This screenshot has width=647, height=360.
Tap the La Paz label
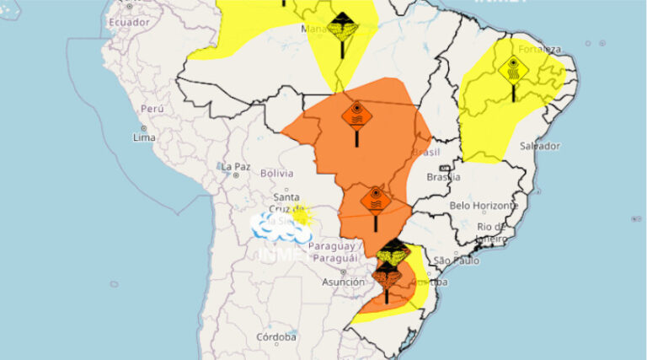[x=236, y=166]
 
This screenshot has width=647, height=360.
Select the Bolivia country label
[x=276, y=173]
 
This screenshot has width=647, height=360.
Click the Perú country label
[x=152, y=109]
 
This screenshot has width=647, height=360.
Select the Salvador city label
[x=540, y=146]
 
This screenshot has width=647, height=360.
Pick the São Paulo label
[x=457, y=261]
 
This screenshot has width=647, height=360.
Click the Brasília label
[x=443, y=177]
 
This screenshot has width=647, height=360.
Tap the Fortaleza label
[x=539, y=49]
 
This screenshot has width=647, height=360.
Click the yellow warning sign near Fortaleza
[x=513, y=68]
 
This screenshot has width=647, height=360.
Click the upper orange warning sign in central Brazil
[x=356, y=114]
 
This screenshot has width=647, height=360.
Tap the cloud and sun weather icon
[x=283, y=223]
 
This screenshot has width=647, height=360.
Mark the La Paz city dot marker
[x=235, y=175]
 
